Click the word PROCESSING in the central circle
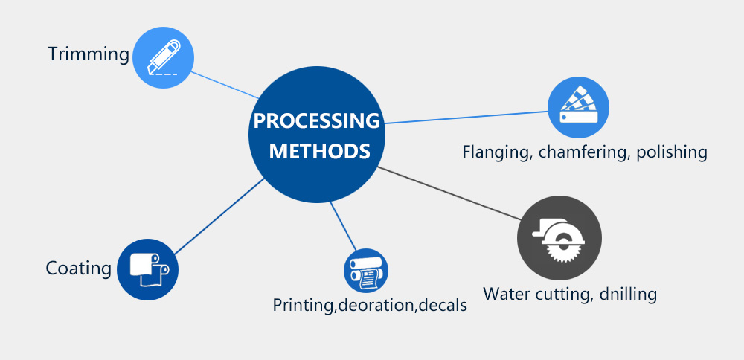(316, 120)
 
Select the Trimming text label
(89, 54)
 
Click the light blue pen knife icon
(163, 58)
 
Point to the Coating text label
(78, 268)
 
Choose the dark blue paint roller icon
(148, 269)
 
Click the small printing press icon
(366, 271)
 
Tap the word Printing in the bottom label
(301, 305)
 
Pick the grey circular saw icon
(559, 239)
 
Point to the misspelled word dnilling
(626, 294)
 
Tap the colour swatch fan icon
(578, 107)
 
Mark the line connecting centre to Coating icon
(219, 216)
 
